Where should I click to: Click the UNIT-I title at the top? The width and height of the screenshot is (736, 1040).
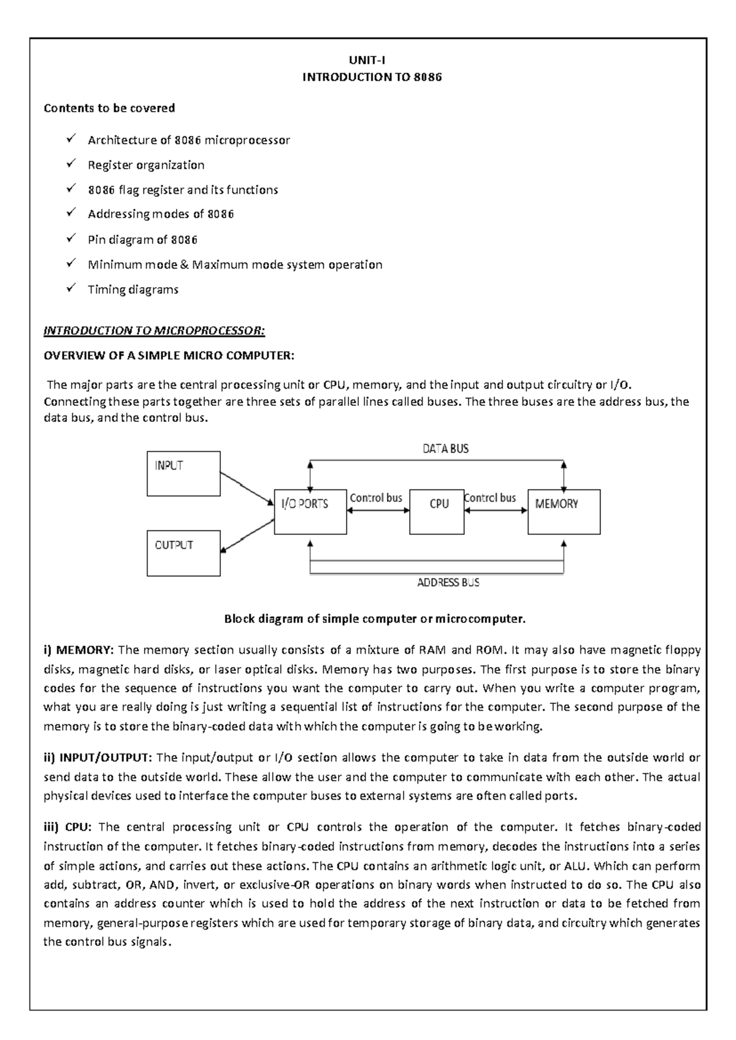(367, 60)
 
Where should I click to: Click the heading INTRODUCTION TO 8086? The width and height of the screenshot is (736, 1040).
(372, 77)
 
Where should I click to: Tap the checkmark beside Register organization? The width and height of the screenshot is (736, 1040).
(71, 164)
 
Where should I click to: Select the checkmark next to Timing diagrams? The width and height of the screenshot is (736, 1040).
(71, 288)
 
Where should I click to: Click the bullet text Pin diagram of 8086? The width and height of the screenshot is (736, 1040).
(142, 240)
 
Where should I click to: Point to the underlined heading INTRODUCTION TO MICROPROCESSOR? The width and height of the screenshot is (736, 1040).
(154, 331)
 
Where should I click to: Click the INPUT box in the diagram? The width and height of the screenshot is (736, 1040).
(183, 473)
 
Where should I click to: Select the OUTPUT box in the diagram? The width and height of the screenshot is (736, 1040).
(183, 553)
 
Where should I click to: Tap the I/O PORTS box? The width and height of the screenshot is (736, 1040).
(310, 512)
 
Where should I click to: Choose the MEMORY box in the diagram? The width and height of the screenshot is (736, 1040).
(564, 511)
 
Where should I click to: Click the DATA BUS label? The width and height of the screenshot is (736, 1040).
(445, 449)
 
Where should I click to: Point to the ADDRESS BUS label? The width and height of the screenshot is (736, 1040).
(448, 583)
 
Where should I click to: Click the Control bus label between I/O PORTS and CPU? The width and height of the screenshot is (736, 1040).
(375, 498)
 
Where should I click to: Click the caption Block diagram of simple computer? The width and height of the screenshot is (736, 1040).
(375, 619)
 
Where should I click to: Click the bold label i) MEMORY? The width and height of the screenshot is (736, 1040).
(79, 650)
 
